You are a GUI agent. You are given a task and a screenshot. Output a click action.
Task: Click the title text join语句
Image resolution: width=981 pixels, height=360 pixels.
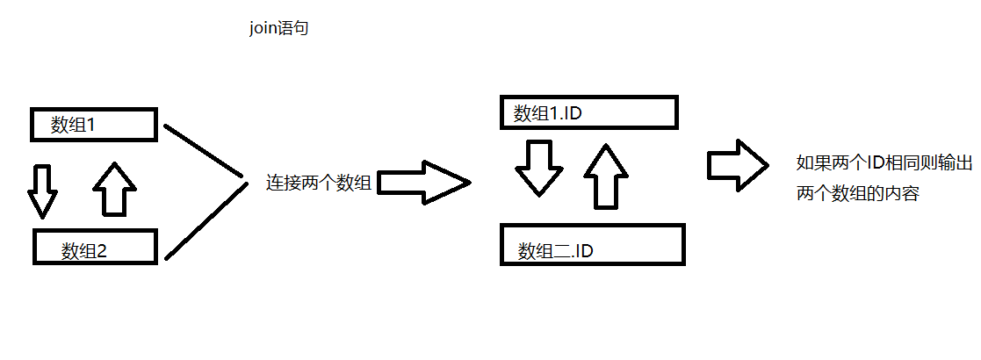click(278, 29)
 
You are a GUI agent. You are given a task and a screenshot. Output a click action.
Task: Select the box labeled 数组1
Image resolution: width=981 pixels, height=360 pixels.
click(94, 125)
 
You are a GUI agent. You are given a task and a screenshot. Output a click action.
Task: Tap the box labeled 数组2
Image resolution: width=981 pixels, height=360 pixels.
click(95, 246)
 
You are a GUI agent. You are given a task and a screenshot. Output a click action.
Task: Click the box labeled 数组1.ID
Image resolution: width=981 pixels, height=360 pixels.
click(588, 112)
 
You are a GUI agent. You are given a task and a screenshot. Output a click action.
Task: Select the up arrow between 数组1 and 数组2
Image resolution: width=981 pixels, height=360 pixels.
click(114, 188)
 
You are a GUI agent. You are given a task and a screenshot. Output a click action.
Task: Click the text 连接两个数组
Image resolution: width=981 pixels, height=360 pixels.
click(318, 184)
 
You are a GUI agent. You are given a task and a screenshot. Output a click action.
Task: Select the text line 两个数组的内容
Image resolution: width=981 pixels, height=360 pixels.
click(857, 195)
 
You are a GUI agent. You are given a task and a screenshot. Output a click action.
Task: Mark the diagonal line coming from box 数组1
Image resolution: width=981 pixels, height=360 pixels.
click(204, 152)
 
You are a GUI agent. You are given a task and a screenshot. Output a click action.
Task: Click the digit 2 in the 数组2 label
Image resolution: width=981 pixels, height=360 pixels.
click(101, 252)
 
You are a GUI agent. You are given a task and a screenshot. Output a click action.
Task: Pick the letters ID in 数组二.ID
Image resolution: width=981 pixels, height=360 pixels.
click(584, 252)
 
